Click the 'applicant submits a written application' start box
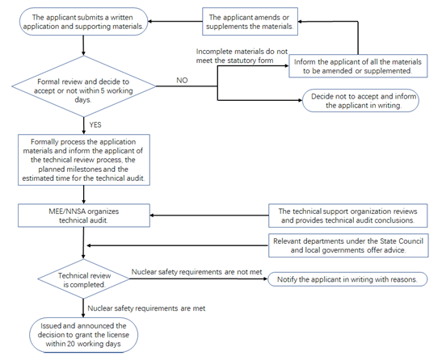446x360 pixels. pyautogui.click(x=84, y=22)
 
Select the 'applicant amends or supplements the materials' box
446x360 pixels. pyautogui.click(x=250, y=22)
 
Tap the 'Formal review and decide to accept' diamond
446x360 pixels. pyautogui.click(x=84, y=86)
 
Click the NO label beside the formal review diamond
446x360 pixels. pyautogui.click(x=182, y=81)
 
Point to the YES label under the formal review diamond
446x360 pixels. pyautogui.click(x=95, y=125)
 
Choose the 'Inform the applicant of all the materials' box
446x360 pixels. pyautogui.click(x=358, y=66)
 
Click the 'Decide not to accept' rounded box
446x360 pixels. pyautogui.click(x=360, y=101)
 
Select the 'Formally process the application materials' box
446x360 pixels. pyautogui.click(x=84, y=160)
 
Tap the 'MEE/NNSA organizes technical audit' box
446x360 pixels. pyautogui.click(x=84, y=216)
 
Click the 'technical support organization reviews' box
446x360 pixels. pyautogui.click(x=348, y=216)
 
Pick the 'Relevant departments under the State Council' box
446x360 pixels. pyautogui.click(x=348, y=245)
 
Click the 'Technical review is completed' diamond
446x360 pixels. pyautogui.click(x=84, y=279)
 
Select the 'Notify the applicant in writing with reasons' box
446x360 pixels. pyautogui.click(x=347, y=279)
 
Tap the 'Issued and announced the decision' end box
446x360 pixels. pyautogui.click(x=84, y=335)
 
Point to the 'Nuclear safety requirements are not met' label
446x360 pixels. pyautogui.click(x=196, y=272)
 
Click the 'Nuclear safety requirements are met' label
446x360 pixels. pyautogui.click(x=146, y=308)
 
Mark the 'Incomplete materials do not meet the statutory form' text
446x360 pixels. pyautogui.click(x=242, y=56)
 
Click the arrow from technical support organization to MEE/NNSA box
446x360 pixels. pyautogui.click(x=209, y=216)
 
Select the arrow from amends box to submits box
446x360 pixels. pyautogui.click(x=175, y=22)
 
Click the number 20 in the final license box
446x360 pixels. pyautogui.click(x=71, y=344)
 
